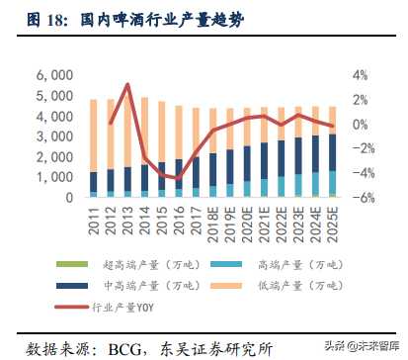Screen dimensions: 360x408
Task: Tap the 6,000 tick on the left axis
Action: pyautogui.click(x=54, y=75)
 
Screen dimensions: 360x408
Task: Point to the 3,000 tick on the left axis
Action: pyautogui.click(x=54, y=136)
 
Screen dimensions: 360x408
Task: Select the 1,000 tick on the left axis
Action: pyautogui.click(x=54, y=178)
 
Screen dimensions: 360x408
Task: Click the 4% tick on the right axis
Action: pyautogui.click(x=359, y=75)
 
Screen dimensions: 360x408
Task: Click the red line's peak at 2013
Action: pyautogui.click(x=127, y=85)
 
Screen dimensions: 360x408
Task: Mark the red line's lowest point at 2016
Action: pyautogui.click(x=180, y=178)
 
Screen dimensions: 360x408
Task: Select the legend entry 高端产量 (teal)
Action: pyautogui.click(x=262, y=262)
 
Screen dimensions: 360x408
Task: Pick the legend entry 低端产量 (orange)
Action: pyautogui.click(x=262, y=283)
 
